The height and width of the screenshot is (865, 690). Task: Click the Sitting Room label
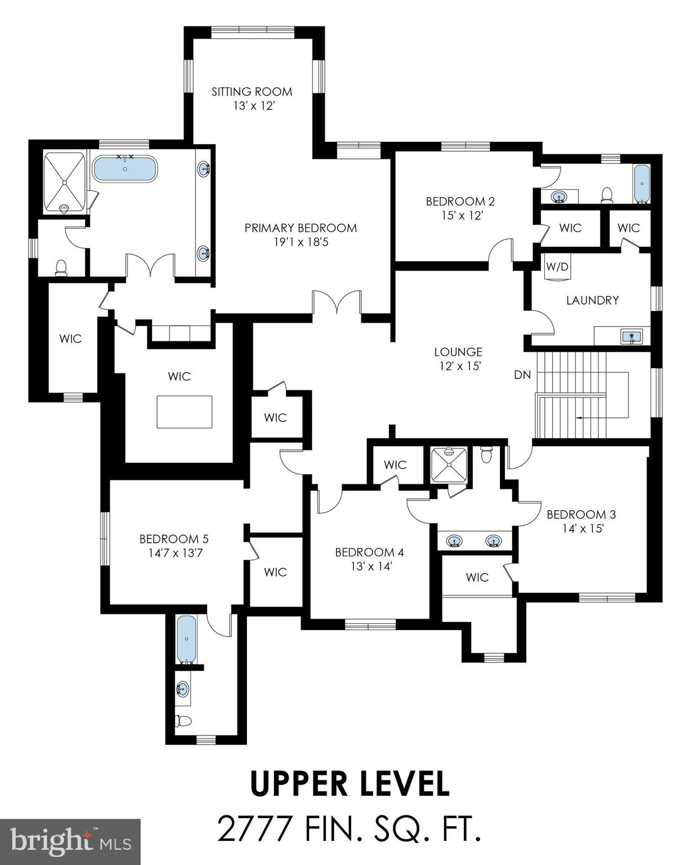coord(252,91)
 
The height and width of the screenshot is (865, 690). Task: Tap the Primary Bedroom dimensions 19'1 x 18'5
coord(301,242)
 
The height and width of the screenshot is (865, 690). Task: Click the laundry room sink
coord(631,337)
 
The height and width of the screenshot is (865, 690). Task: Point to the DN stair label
coord(522,374)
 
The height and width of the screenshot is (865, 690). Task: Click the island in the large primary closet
coord(185,412)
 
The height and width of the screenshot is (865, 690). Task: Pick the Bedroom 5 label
coord(174,539)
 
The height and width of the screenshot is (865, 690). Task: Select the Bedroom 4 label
coord(369,552)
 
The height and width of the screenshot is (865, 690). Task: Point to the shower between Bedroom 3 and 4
coord(449,464)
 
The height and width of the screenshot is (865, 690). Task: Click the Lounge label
coord(458,352)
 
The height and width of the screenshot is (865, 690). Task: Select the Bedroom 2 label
coord(460,201)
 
